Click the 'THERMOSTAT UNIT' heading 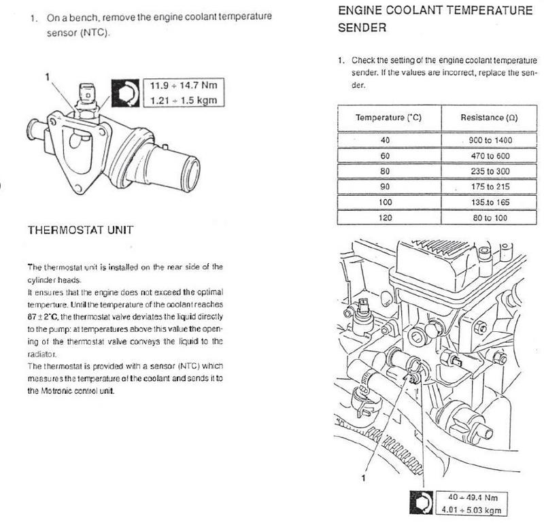tap(80, 230)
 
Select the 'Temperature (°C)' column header tap(388, 118)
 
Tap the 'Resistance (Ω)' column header tap(489, 118)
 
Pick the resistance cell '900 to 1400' tap(490, 140)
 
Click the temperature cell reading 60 tap(385, 156)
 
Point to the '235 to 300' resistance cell tap(490, 171)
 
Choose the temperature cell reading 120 tap(385, 218)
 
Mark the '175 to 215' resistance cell tap(490, 187)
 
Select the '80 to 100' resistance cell tap(490, 218)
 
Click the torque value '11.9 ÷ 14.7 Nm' tap(184, 86)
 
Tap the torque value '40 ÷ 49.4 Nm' tap(473, 497)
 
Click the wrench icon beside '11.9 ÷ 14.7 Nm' tap(125, 93)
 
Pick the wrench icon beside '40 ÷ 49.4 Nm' tap(421, 502)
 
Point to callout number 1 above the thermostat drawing tap(47, 77)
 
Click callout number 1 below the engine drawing tap(363, 478)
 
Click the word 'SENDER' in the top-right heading tap(362, 28)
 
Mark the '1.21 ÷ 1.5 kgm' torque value tap(184, 100)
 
